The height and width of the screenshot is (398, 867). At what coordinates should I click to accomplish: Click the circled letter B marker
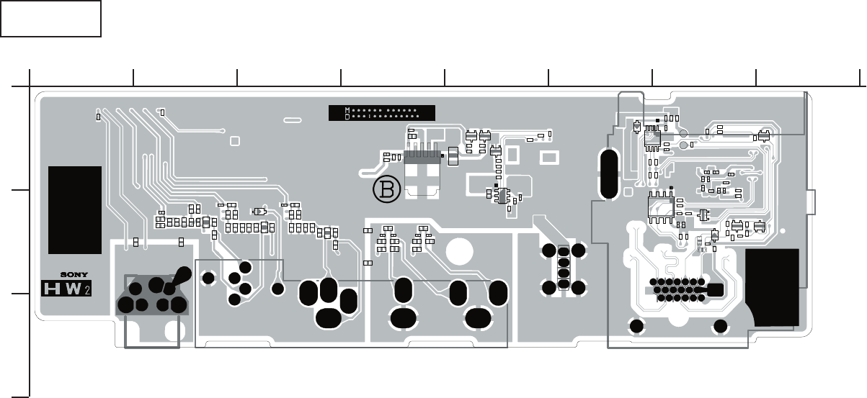coord(386,189)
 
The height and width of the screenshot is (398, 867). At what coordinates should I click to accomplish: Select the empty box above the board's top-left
coord(50,19)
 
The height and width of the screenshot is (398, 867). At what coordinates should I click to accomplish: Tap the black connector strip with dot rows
coord(381,112)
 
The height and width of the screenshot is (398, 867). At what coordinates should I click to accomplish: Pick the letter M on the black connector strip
coord(347,110)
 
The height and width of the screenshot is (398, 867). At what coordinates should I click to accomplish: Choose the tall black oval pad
coord(608,174)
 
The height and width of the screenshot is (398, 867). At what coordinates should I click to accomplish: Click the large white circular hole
coord(459,251)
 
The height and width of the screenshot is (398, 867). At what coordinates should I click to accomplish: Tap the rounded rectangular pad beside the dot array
coord(715,290)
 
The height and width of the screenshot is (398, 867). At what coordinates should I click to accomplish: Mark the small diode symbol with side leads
coord(259,211)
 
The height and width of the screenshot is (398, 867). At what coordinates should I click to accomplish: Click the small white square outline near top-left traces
coord(234,140)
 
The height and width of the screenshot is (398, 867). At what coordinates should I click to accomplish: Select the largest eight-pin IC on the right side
coord(660,207)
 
